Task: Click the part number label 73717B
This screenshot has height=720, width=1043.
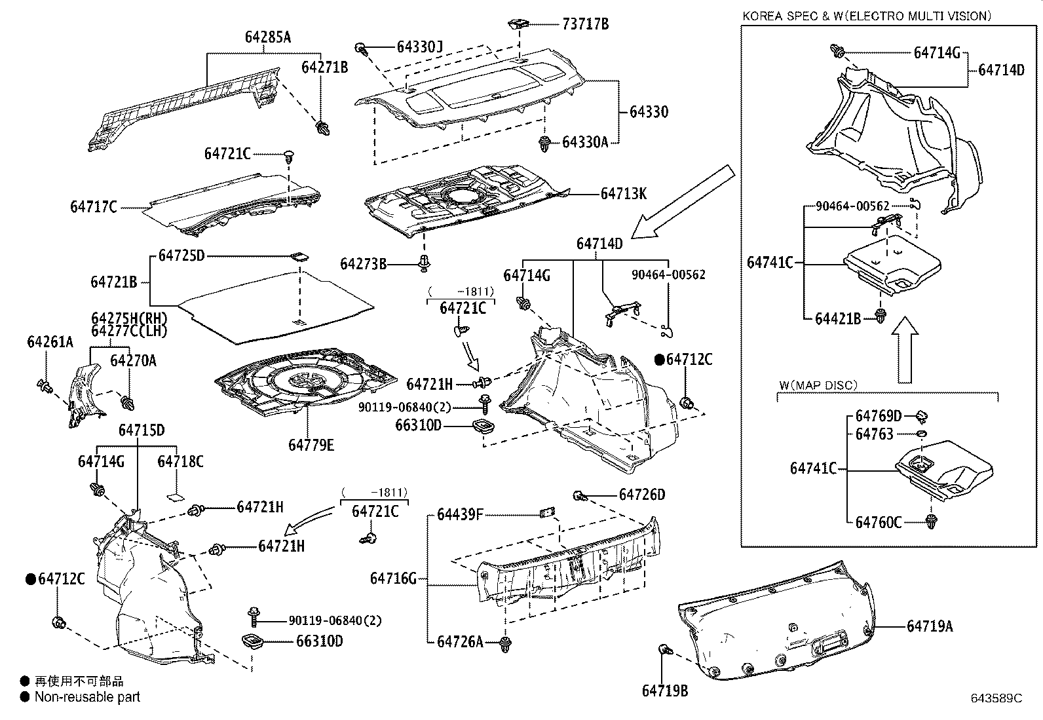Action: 585,24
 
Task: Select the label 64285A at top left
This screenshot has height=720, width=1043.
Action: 268,37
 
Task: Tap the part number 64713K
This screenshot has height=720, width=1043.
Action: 623,193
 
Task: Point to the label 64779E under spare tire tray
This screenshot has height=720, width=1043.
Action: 311,445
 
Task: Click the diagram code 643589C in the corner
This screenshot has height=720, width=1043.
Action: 996,698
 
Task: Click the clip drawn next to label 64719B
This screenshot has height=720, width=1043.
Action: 665,650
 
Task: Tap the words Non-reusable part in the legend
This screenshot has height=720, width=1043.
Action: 87,697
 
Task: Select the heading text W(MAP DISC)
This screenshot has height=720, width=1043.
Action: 817,385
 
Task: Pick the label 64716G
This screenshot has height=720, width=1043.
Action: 393,578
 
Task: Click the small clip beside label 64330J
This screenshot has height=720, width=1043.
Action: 362,48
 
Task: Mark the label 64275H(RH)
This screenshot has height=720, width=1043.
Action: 129,318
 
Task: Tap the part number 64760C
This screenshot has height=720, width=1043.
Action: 878,522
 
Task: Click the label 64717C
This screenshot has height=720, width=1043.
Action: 94,207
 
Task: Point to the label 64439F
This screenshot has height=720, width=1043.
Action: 460,514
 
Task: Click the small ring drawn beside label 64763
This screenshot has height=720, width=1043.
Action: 920,434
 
